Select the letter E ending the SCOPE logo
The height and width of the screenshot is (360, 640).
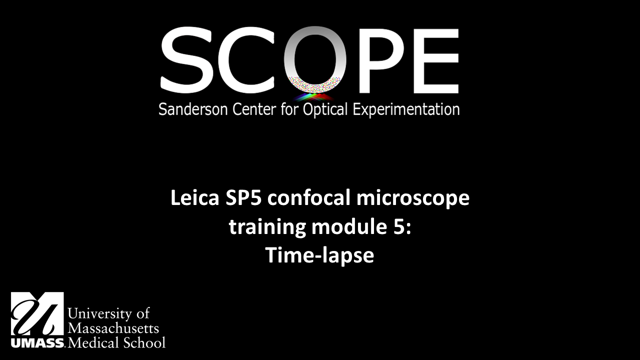click(436, 61)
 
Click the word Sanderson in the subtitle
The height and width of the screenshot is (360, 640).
click(193, 109)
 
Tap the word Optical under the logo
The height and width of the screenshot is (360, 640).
click(325, 110)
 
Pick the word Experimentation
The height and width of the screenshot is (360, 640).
click(406, 110)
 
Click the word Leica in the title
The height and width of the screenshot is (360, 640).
click(195, 197)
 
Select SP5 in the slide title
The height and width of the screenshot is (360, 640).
click(243, 197)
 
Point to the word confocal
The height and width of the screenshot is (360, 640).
click(309, 197)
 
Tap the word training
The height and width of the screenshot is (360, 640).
click(267, 228)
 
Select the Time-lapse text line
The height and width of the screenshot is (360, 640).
click(319, 255)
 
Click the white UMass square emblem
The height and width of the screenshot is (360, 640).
click(37, 313)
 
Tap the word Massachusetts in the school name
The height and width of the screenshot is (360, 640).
click(113, 328)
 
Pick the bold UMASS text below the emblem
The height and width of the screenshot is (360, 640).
click(37, 343)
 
